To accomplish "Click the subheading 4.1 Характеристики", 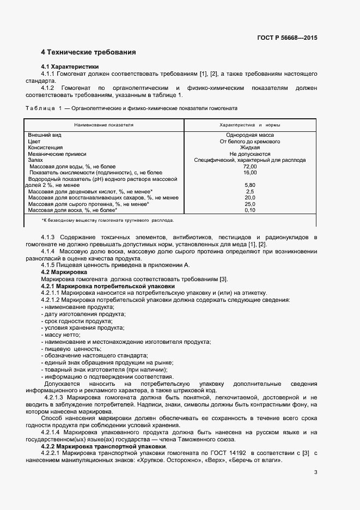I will point(68,66).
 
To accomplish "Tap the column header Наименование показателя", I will point(103,125).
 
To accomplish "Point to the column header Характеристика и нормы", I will point(249,125).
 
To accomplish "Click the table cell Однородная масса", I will point(250,135).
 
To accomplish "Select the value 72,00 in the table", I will point(250,166).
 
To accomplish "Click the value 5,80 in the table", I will point(250,185).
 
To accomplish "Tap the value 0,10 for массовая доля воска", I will point(250,210).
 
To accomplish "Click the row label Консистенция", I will point(45,147).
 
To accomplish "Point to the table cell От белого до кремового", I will point(250,141).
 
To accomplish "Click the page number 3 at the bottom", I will point(315,472).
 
